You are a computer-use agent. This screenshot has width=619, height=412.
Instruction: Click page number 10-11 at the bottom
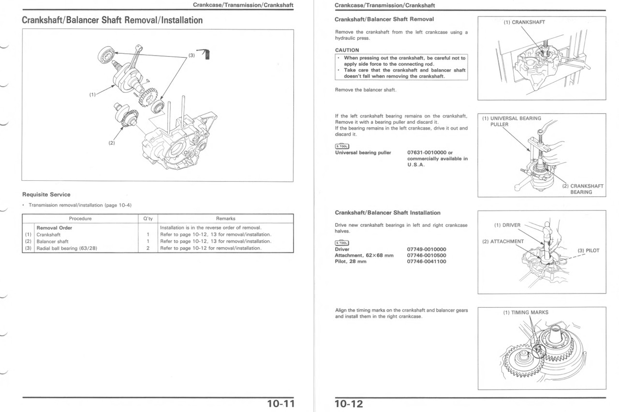click(280, 404)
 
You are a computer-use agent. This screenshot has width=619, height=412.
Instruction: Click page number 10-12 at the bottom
click(349, 404)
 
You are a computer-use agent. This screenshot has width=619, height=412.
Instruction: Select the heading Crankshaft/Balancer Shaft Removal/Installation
click(112, 20)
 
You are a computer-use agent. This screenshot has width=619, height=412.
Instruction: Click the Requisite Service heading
click(46, 194)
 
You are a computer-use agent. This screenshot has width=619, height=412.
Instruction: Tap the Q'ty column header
click(148, 219)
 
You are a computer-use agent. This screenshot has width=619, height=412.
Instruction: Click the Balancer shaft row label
click(53, 241)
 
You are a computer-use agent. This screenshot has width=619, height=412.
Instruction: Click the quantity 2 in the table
click(148, 248)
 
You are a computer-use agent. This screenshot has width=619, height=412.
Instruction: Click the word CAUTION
click(347, 50)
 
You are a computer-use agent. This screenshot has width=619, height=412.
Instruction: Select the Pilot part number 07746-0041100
click(427, 262)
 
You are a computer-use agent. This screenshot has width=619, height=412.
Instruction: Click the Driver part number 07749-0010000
click(427, 250)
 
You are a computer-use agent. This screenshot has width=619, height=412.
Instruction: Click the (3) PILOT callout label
click(589, 250)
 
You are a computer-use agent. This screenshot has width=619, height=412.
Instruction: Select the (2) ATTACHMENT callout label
click(503, 241)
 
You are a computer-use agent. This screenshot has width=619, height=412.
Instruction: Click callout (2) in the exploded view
click(111, 143)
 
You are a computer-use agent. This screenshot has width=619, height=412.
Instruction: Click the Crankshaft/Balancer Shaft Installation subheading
click(387, 213)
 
